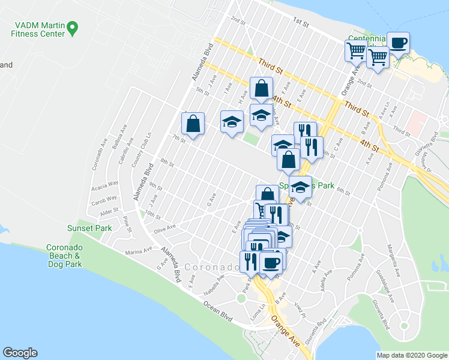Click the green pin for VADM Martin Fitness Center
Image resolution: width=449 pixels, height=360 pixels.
(x=73, y=27)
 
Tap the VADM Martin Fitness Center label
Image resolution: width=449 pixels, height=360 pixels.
(x=36, y=29)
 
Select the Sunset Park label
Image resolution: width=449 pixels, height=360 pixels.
(x=85, y=227)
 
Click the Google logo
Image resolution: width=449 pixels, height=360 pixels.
(x=20, y=353)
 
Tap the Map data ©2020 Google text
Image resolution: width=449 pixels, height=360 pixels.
(x=411, y=355)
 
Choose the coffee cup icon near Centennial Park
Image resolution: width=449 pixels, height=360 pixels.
(x=399, y=43)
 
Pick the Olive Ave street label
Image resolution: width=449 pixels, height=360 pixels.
(x=164, y=227)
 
